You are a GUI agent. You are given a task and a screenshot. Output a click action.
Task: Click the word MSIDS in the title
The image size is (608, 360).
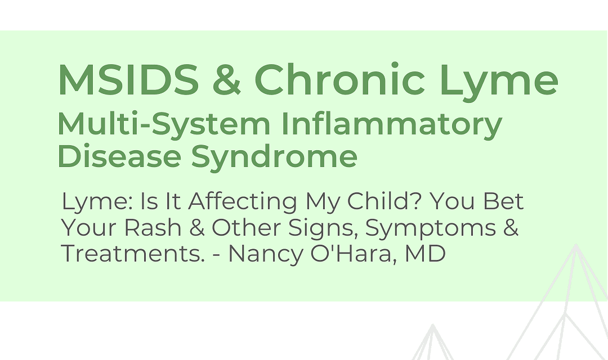(128, 79)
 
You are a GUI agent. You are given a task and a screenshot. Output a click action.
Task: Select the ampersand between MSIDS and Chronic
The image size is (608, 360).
(227, 79)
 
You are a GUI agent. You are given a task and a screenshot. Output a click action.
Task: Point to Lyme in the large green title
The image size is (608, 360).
(499, 82)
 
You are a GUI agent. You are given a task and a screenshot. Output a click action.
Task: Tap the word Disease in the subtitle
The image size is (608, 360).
(119, 156)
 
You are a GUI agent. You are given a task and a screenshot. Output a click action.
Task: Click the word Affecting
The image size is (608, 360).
(243, 201)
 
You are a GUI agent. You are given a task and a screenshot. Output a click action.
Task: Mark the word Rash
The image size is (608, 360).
(153, 227)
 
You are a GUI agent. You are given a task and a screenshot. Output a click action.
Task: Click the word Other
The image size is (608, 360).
(245, 227)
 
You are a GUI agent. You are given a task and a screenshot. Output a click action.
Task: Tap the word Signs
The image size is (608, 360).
(323, 228)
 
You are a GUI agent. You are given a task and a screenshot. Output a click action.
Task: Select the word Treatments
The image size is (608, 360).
(133, 254)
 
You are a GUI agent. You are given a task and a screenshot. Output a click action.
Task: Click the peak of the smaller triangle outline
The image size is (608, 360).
(433, 325)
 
